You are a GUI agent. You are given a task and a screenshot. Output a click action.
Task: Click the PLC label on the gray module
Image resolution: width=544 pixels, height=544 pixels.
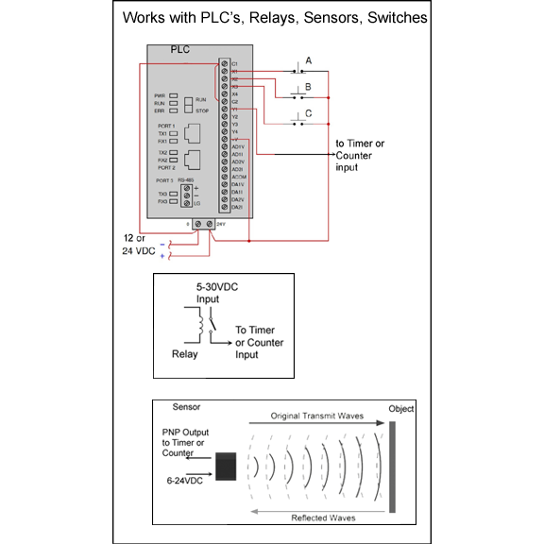181,48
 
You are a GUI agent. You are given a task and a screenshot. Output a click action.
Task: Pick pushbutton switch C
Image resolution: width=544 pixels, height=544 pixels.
299,124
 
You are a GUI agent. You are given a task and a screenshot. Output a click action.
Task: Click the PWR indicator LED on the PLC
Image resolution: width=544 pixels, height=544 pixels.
175,96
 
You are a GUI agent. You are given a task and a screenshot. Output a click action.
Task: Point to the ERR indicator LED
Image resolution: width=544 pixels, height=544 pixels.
175,111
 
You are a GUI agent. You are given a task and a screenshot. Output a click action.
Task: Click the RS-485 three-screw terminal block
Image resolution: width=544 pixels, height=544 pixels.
187,195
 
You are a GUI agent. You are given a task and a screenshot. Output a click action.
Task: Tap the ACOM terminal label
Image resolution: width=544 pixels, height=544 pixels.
238,177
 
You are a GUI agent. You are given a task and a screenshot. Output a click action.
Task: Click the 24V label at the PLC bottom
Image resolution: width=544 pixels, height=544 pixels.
221,224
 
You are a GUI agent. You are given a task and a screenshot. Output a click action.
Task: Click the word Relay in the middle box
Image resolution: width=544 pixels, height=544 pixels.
185,356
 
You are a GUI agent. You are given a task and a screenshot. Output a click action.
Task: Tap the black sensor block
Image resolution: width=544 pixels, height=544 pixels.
226,467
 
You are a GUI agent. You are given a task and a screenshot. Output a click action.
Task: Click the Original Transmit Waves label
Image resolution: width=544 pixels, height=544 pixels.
317,416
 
